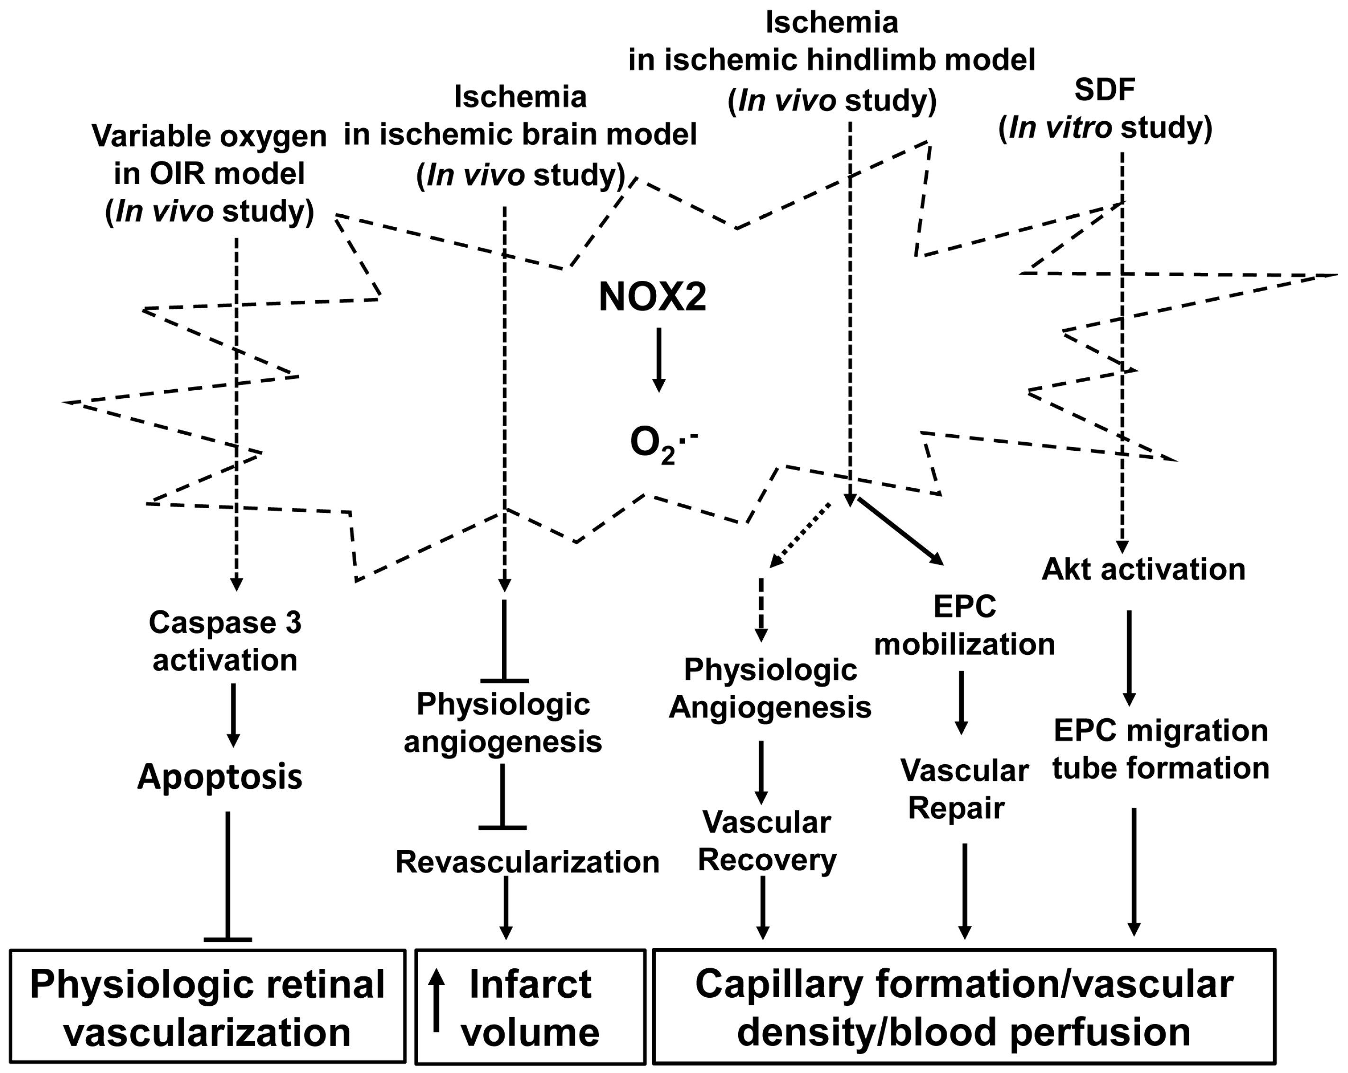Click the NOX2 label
click(652, 297)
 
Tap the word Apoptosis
click(219, 777)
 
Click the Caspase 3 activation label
click(225, 641)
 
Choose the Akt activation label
click(1143, 569)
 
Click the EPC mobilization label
click(964, 625)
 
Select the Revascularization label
click(527, 862)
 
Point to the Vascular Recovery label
click(767, 841)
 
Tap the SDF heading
click(1105, 90)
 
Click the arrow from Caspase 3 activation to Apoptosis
click(233, 714)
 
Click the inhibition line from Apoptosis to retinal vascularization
click(227, 875)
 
